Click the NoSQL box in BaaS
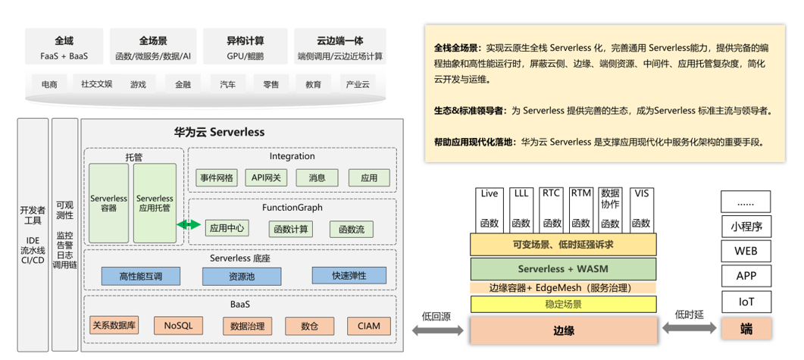coord(178,326)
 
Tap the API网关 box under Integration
coord(266,178)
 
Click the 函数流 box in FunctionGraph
coord(352,229)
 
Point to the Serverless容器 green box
coord(108,203)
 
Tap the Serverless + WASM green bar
coord(563,268)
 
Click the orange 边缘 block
coord(563,330)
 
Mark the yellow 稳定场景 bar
coord(563,305)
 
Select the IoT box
coord(746,302)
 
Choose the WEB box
coord(746,252)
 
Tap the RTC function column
coord(551,208)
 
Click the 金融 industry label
coord(183,85)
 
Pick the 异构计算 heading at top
coord(246,41)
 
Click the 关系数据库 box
coord(114,326)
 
